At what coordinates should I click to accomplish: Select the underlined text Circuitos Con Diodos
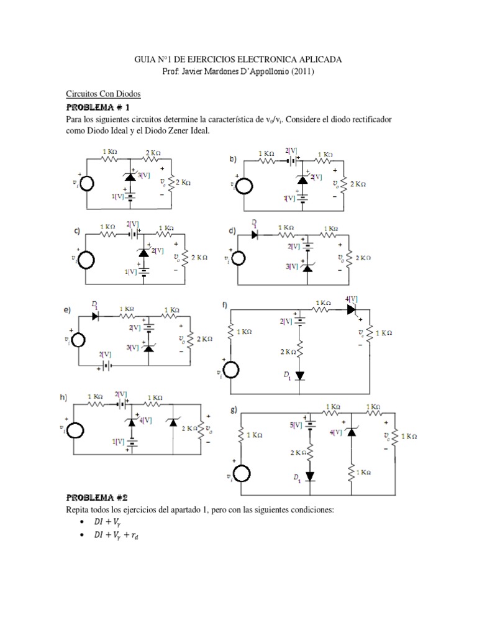pyautogui.click(x=104, y=94)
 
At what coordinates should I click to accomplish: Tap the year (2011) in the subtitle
pyautogui.click(x=301, y=72)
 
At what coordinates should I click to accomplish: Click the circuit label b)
pyautogui.click(x=234, y=159)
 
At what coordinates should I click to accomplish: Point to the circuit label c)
pyautogui.click(x=78, y=231)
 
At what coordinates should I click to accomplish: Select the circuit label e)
pyautogui.click(x=66, y=309)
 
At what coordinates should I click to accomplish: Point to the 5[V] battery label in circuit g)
pyautogui.click(x=296, y=425)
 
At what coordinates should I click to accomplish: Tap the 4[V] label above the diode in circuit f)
pyautogui.click(x=353, y=299)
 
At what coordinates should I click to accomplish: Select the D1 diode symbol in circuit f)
pyautogui.click(x=300, y=376)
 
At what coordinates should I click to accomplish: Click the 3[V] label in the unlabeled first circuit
pyautogui.click(x=144, y=175)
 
